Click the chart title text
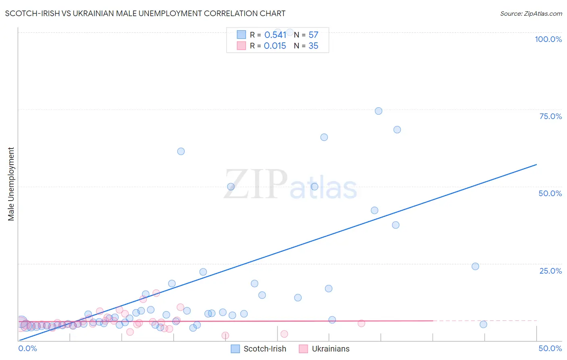coord(145,14)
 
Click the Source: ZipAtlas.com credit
coord(531,14)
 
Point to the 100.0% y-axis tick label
coord(548,39)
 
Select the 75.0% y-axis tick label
coord(550,116)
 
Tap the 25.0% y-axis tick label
coord(550,271)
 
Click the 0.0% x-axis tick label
coord(27,348)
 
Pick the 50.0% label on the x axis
coord(550,348)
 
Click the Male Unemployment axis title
coord(11,184)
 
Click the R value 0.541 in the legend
coord(275,35)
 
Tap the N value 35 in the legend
coord(313,46)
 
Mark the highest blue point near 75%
coord(378,111)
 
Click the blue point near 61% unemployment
coord(181,151)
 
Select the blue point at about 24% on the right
coord(475,266)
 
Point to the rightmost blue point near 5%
coord(483,324)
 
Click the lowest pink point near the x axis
coord(225,336)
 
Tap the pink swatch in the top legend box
coord(241,46)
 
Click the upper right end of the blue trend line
coord(536,165)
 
